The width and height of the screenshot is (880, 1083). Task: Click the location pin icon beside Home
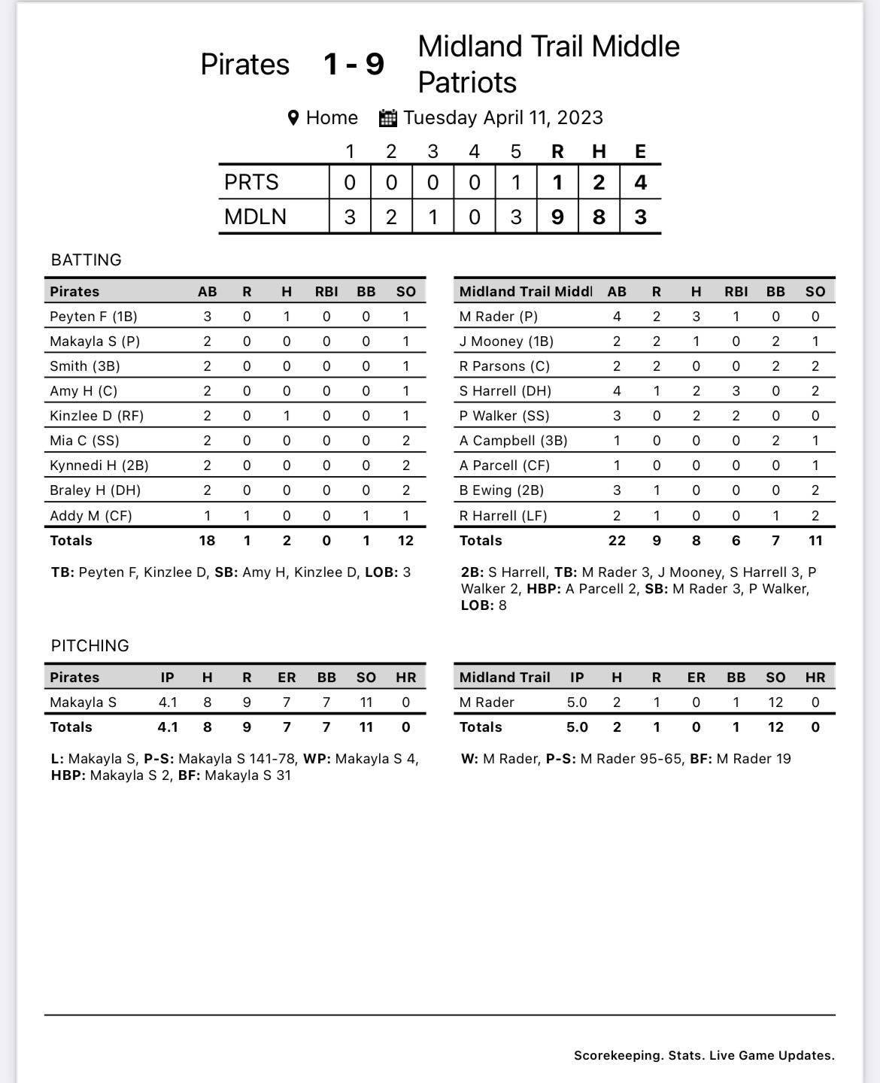[x=294, y=118]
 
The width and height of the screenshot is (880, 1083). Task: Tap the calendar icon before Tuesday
[x=388, y=118]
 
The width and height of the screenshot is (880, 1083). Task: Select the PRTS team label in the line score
[x=251, y=182]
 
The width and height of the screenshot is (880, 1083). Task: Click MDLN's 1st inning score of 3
[x=350, y=217]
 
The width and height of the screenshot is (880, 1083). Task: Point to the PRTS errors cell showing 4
[x=640, y=182]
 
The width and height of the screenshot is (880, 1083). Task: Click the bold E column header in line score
[x=640, y=151]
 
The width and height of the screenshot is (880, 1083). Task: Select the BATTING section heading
[x=86, y=260]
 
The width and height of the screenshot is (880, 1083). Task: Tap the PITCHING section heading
[x=90, y=646]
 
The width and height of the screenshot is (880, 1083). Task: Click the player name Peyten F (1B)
[x=93, y=317]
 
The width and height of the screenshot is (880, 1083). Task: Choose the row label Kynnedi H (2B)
[x=99, y=466]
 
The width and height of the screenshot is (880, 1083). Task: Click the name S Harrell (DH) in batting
[x=505, y=391]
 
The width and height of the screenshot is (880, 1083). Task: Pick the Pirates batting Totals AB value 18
[x=207, y=541]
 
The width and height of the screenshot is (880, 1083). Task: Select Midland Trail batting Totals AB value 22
[x=617, y=541]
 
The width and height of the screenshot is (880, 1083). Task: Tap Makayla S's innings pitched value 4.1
[x=168, y=702]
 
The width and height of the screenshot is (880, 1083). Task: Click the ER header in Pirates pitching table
[x=287, y=678]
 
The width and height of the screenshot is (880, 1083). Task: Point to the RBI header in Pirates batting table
[x=326, y=292]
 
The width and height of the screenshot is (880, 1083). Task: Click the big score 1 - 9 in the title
[x=354, y=65]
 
